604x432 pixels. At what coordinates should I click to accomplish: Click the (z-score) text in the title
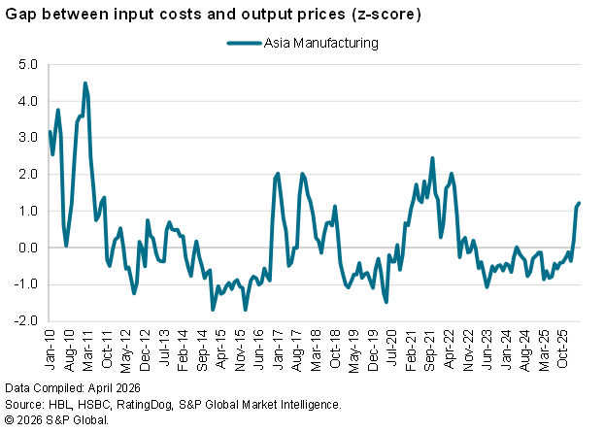(x=386, y=15)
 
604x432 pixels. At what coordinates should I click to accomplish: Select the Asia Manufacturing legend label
(x=320, y=43)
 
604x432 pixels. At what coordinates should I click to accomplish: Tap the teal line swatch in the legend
(x=244, y=43)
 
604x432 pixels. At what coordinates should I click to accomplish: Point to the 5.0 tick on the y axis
(x=28, y=64)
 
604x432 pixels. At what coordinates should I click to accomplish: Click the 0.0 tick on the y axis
(x=28, y=248)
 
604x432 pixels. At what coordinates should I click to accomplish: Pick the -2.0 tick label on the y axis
(x=26, y=320)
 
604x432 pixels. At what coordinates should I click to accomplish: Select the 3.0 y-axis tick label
(x=28, y=138)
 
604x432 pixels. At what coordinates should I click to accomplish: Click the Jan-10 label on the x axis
(x=50, y=349)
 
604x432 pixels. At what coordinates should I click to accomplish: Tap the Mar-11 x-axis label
(x=87, y=349)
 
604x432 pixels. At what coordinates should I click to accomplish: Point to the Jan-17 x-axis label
(x=278, y=349)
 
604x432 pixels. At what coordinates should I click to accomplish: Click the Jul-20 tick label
(x=391, y=349)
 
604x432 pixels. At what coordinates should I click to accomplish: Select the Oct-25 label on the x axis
(x=562, y=349)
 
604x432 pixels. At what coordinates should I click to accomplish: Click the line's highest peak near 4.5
(x=85, y=83)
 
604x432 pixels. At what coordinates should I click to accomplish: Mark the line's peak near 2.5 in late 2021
(x=432, y=158)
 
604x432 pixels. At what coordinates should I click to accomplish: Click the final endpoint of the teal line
(x=579, y=203)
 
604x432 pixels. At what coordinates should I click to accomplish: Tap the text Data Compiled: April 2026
(x=73, y=387)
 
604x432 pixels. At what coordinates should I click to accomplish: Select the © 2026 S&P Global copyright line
(x=56, y=420)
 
